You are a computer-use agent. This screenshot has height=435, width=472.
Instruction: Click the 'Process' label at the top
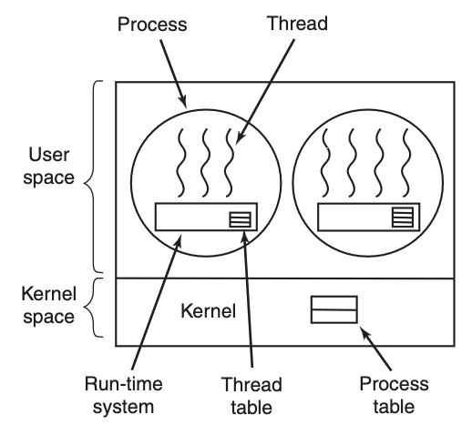click(152, 25)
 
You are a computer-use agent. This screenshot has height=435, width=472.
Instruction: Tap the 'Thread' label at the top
click(297, 24)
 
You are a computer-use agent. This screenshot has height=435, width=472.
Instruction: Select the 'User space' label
click(49, 166)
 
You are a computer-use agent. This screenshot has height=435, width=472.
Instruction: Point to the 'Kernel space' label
click(49, 305)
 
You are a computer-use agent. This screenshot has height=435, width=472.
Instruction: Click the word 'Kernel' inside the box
click(209, 311)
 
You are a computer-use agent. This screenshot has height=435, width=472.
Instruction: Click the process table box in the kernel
click(334, 309)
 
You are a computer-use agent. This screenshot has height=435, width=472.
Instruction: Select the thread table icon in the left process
click(240, 219)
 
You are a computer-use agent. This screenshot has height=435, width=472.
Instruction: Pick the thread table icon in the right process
click(403, 217)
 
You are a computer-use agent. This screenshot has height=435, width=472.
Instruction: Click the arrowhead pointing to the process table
click(364, 332)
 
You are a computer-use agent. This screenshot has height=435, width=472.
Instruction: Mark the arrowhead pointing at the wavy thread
click(240, 138)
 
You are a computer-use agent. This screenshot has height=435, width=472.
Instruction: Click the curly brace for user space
click(93, 177)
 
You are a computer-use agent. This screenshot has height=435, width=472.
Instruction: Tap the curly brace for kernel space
click(93, 308)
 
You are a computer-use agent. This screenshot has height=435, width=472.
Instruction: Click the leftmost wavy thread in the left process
click(180, 163)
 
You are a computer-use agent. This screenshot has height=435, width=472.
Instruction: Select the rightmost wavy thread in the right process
click(406, 163)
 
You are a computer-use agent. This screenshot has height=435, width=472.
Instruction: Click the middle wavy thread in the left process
click(205, 163)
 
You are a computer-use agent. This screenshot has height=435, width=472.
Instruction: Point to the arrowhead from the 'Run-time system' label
click(179, 240)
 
